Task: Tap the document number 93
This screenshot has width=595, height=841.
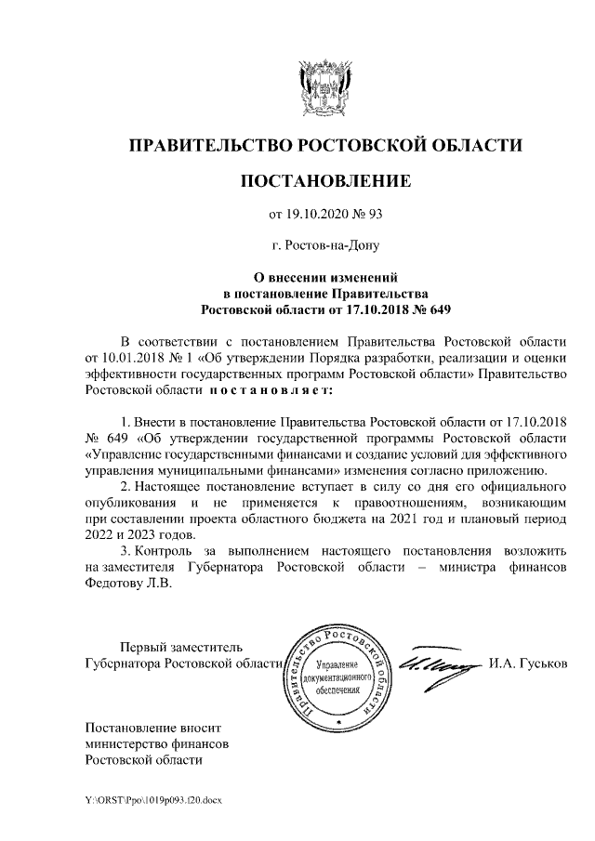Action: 375,216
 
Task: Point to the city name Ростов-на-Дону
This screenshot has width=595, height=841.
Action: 325,246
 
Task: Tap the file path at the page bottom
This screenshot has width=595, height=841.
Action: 154,799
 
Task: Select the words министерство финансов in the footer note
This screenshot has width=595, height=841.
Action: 157,743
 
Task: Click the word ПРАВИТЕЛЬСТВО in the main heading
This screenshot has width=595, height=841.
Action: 208,145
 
